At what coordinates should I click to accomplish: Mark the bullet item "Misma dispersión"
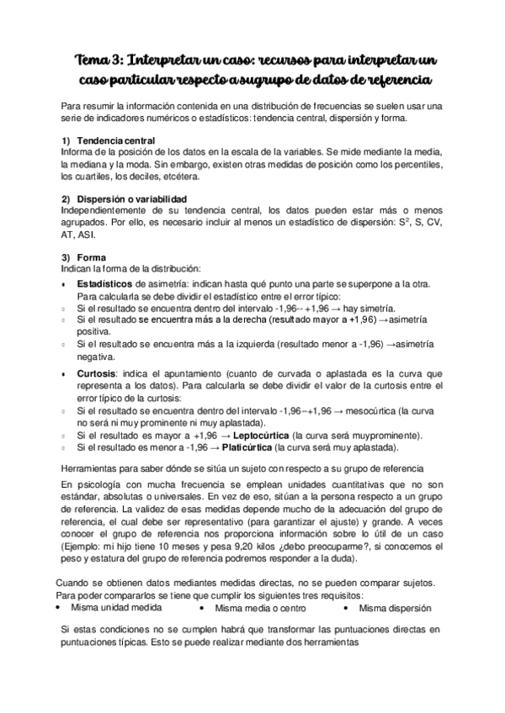tap(396, 608)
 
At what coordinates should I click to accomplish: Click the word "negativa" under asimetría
tap(95, 357)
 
